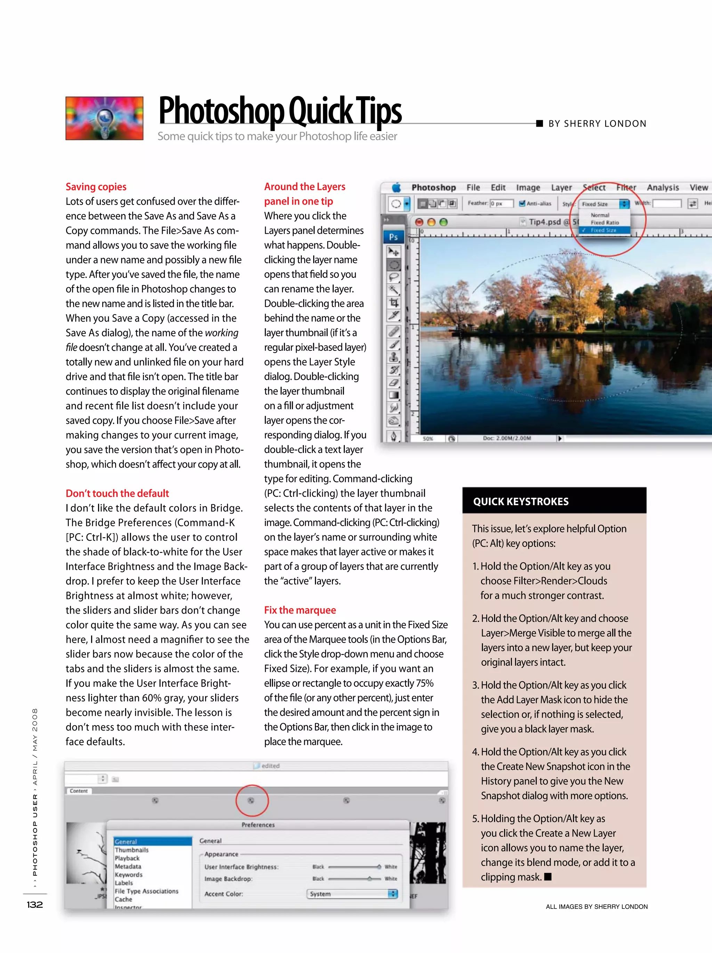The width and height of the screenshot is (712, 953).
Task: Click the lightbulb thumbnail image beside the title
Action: point(104,118)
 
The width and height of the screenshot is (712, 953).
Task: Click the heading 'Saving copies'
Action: point(96,187)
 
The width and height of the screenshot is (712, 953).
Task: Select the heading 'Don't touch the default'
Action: point(117,493)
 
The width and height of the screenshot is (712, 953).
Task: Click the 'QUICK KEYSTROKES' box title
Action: point(520,501)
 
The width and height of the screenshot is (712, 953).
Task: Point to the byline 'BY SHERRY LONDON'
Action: point(597,124)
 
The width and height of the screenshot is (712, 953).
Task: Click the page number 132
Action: point(35,904)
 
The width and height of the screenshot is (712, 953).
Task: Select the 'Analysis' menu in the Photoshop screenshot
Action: point(663,187)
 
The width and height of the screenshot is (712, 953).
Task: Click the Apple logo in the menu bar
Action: point(396,187)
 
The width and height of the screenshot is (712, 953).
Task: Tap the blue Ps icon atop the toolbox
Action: point(393,237)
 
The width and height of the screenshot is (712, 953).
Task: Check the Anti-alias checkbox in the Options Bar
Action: point(523,203)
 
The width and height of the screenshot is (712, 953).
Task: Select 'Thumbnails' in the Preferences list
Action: point(131,850)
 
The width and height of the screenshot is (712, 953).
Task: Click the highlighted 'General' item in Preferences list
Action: point(126,841)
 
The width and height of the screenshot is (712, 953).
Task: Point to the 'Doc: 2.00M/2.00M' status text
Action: point(507,438)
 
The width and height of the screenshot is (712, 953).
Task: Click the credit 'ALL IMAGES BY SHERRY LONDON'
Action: point(597,906)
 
